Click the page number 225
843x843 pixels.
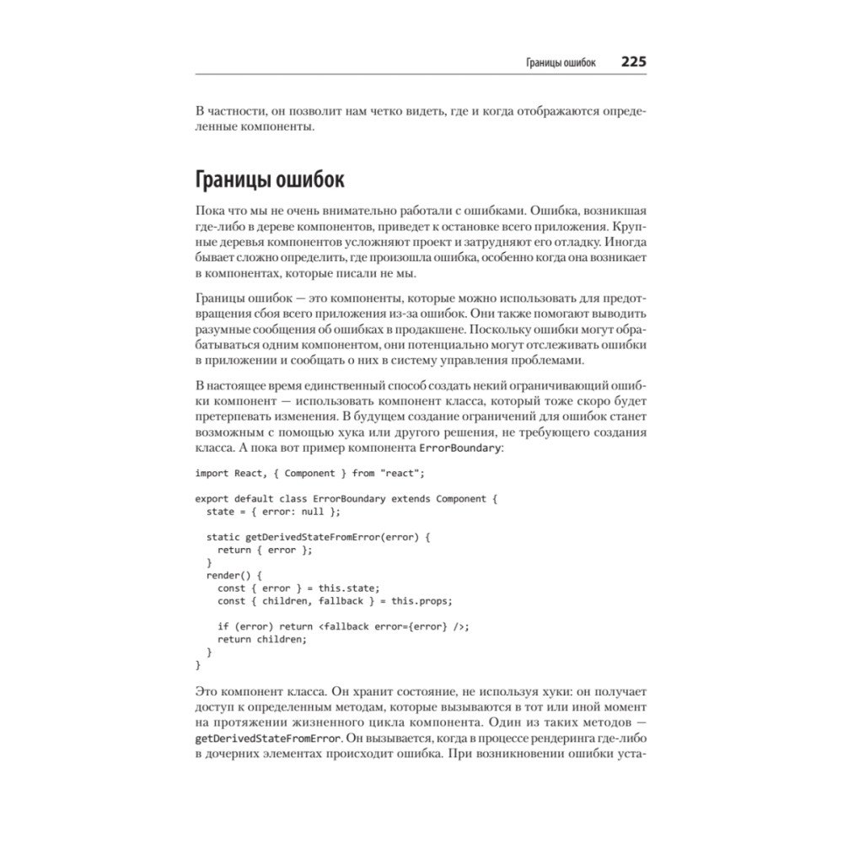tap(633, 62)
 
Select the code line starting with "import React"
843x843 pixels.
tap(311, 473)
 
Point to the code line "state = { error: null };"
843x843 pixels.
tap(275, 511)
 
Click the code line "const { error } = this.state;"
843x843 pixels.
tap(299, 588)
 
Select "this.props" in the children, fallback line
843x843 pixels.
tap(425, 600)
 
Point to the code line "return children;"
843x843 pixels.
tap(262, 638)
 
